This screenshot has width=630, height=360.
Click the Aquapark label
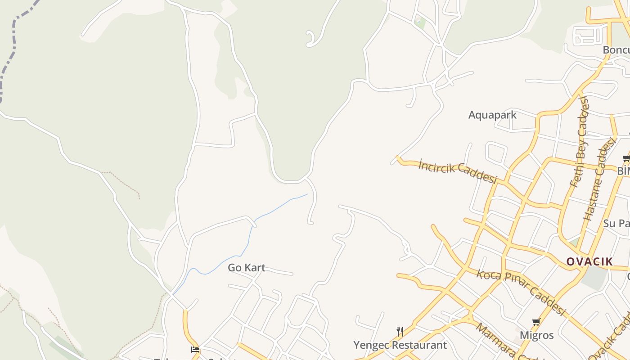(492, 115)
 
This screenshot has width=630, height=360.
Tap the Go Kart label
(246, 268)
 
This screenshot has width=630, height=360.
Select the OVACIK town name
(589, 261)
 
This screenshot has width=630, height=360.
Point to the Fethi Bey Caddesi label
(579, 141)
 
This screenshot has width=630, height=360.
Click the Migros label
(536, 335)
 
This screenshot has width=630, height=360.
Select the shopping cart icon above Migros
(536, 322)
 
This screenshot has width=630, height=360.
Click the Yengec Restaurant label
(400, 345)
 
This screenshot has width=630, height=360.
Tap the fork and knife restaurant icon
(400, 332)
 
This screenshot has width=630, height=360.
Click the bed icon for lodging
(195, 349)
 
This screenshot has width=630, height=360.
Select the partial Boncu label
(616, 49)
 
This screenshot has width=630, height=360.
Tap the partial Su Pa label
(616, 223)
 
